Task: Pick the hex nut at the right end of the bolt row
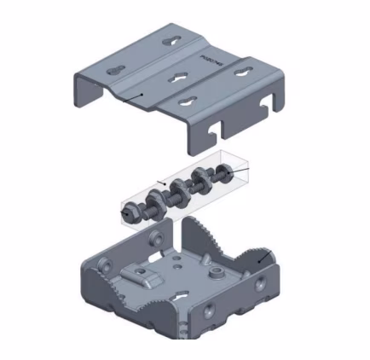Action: [x=223, y=176]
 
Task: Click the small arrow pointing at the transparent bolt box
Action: [x=161, y=182]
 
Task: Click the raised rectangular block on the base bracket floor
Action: [x=146, y=274]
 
